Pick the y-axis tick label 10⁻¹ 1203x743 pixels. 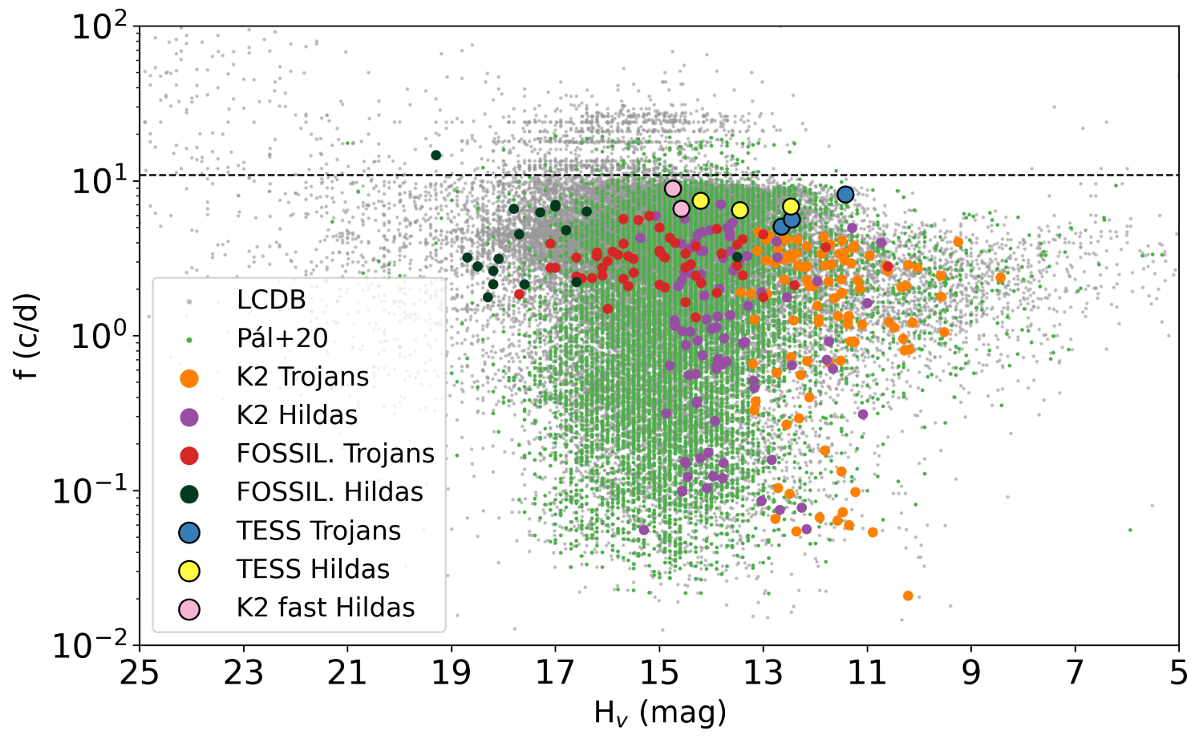89,491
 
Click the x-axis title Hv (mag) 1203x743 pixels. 659,712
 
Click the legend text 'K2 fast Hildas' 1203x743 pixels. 326,608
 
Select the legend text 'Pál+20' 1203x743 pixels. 282,338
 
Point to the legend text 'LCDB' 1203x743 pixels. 271,300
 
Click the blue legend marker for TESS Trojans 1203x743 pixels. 189,531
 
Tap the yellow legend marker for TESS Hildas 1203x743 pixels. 189,570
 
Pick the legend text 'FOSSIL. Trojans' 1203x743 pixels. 335,454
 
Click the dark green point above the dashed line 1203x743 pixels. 436,155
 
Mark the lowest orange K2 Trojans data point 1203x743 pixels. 908,596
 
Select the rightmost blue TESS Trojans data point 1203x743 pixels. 845,195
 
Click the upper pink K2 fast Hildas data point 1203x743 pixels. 673,188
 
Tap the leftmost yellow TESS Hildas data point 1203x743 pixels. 700,200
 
